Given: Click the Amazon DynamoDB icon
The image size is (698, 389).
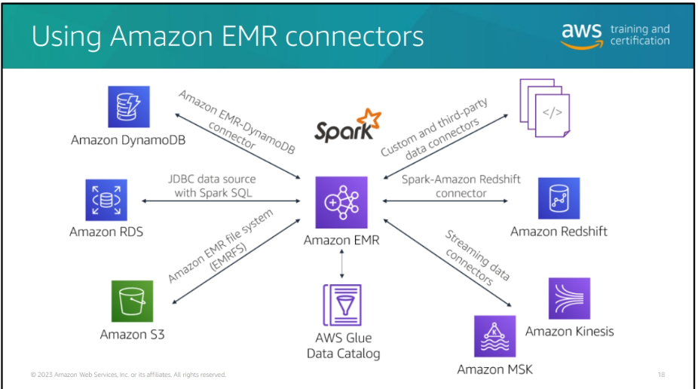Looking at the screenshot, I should click(x=128, y=107).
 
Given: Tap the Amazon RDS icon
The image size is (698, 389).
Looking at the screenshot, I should click(x=106, y=200).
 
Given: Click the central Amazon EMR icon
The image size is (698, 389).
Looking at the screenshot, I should click(x=341, y=202).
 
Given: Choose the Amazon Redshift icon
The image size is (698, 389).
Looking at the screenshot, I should click(x=559, y=199).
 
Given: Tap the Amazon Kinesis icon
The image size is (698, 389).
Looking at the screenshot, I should click(x=569, y=299).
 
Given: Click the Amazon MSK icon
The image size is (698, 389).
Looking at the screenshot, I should click(x=494, y=336).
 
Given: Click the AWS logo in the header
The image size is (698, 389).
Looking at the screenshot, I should click(x=581, y=35).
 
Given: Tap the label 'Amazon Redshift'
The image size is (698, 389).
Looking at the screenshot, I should click(x=559, y=231).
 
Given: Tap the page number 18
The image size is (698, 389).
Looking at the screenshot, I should click(x=661, y=375).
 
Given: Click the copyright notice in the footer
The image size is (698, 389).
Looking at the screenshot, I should click(x=128, y=375).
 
